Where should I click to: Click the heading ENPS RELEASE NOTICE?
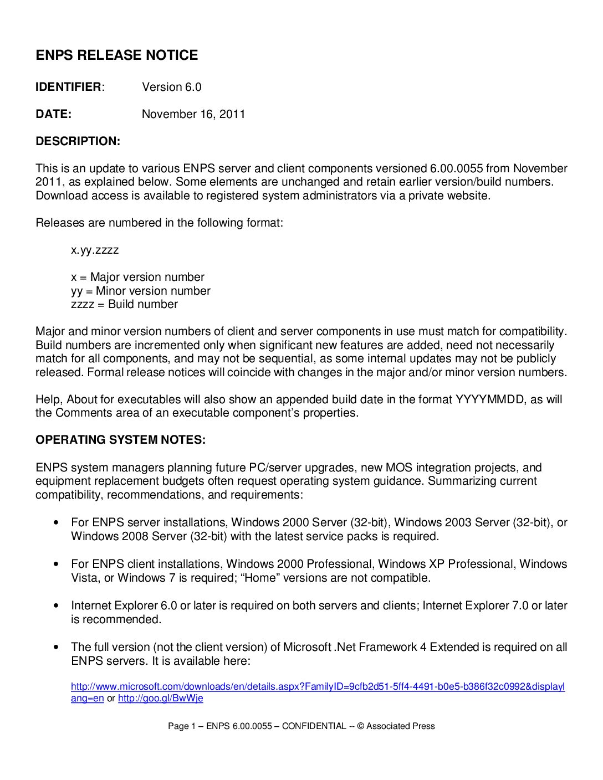[116, 55]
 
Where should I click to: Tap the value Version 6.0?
[171, 87]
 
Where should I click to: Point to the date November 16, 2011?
[193, 114]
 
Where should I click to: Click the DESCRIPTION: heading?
[78, 141]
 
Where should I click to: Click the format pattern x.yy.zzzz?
[95, 250]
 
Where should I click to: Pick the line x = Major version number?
[137, 277]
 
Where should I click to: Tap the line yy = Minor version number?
[141, 291]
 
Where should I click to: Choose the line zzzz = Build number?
[124, 304]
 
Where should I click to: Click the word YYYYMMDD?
[489, 399]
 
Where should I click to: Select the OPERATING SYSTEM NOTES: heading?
[120, 440]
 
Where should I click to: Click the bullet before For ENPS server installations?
[56, 522]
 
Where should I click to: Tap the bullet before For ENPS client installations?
[56, 564]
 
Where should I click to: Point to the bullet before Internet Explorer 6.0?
[56, 605]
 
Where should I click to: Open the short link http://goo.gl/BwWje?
[160, 698]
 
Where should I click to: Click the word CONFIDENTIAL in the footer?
[314, 726]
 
